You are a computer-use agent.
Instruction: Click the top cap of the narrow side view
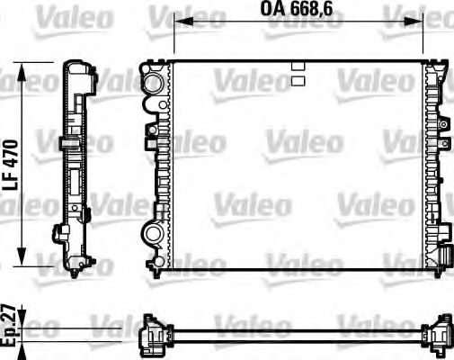pos(76,69)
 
